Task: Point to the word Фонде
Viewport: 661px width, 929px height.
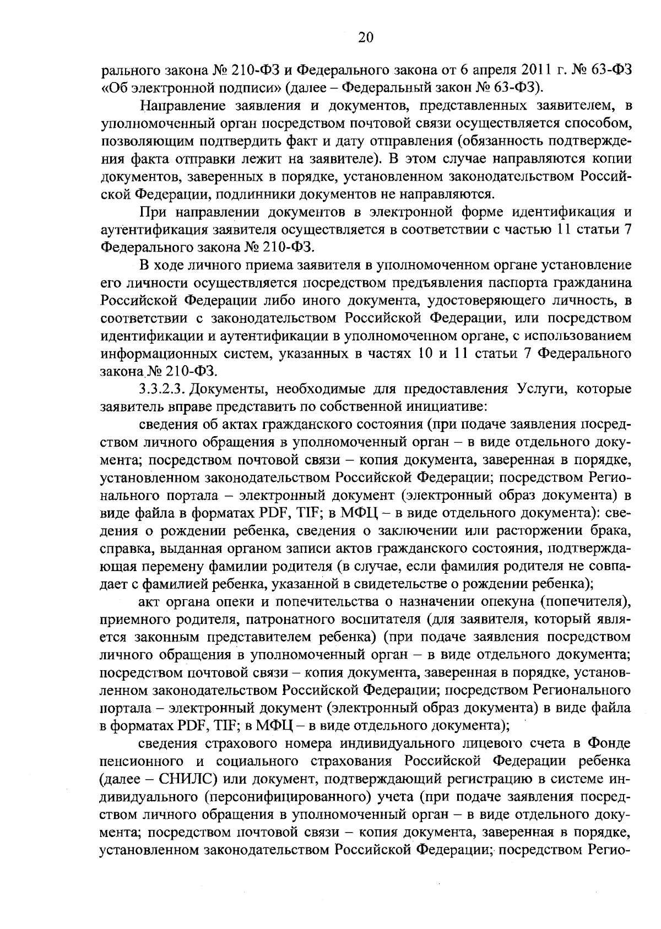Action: point(609,743)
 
